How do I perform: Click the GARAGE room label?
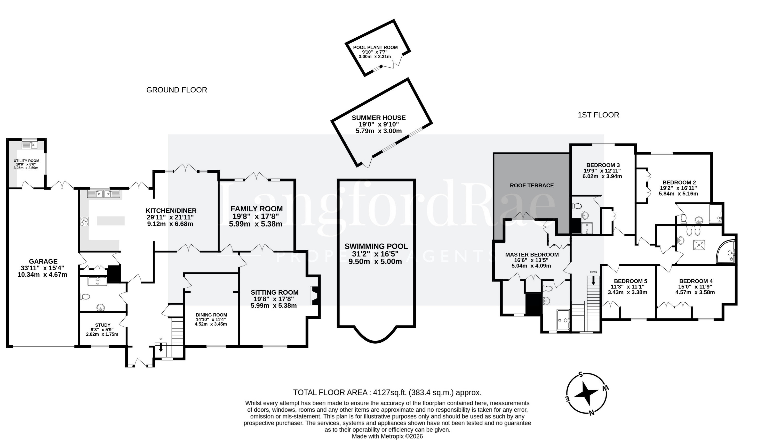[43, 261]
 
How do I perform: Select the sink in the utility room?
[30, 145]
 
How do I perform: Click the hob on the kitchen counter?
[84, 222]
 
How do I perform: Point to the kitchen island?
[111, 221]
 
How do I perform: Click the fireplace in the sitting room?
[314, 296]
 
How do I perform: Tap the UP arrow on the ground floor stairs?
[160, 347]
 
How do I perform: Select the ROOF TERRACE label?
[532, 185]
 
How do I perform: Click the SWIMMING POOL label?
[376, 246]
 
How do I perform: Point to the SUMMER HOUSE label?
[379, 117]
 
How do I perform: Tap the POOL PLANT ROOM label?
[375, 47]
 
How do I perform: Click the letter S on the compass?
[580, 375]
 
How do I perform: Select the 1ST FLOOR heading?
[598, 115]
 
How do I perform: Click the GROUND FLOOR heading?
[176, 90]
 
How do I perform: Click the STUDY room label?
[103, 325]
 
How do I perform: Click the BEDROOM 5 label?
[630, 281]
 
